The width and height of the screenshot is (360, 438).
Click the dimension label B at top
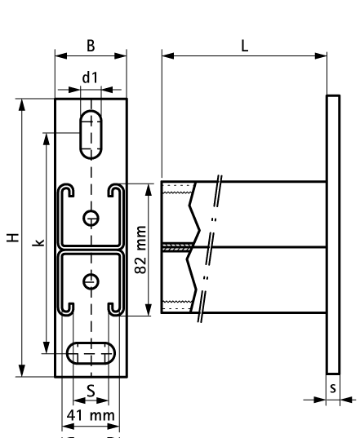91,46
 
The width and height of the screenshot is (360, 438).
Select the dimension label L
244,46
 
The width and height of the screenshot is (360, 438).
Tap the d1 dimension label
91,78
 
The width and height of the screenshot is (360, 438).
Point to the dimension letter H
11,237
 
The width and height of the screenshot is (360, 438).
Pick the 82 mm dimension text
141,250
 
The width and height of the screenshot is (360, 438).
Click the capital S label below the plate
91,391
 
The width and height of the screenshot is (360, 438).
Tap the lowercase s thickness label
332,387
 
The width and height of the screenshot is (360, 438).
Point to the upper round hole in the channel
91,217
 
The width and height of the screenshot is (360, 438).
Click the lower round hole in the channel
91,280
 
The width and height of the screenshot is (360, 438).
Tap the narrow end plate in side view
332,236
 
